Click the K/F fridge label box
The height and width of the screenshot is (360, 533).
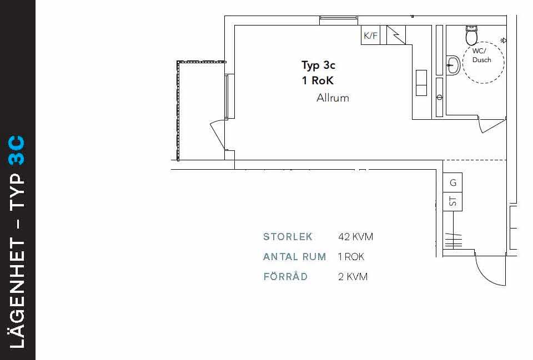(x=370, y=35)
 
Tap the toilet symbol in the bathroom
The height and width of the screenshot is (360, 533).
(x=471, y=36)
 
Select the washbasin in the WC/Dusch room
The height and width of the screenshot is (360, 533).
(x=453, y=65)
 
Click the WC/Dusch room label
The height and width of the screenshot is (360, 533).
(x=482, y=55)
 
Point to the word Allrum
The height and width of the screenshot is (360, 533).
(x=333, y=98)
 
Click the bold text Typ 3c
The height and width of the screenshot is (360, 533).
(x=318, y=65)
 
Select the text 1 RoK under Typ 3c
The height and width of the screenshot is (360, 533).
(x=318, y=80)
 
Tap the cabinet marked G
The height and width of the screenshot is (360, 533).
(x=452, y=182)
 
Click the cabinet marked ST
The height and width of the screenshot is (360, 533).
(x=452, y=201)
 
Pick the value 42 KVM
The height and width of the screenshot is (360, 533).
(x=355, y=237)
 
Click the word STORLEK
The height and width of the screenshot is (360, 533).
(x=288, y=237)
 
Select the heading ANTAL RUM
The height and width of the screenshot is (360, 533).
(x=294, y=257)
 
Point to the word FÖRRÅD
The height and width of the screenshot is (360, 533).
(x=285, y=276)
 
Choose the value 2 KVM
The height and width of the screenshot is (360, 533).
(x=353, y=277)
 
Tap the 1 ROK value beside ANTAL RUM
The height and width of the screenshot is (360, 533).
(x=351, y=257)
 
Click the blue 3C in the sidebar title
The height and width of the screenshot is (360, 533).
(x=17, y=150)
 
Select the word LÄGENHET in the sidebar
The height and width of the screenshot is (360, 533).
(x=17, y=293)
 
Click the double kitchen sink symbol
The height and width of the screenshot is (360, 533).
(x=421, y=83)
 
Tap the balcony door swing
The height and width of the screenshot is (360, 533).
(x=218, y=134)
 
